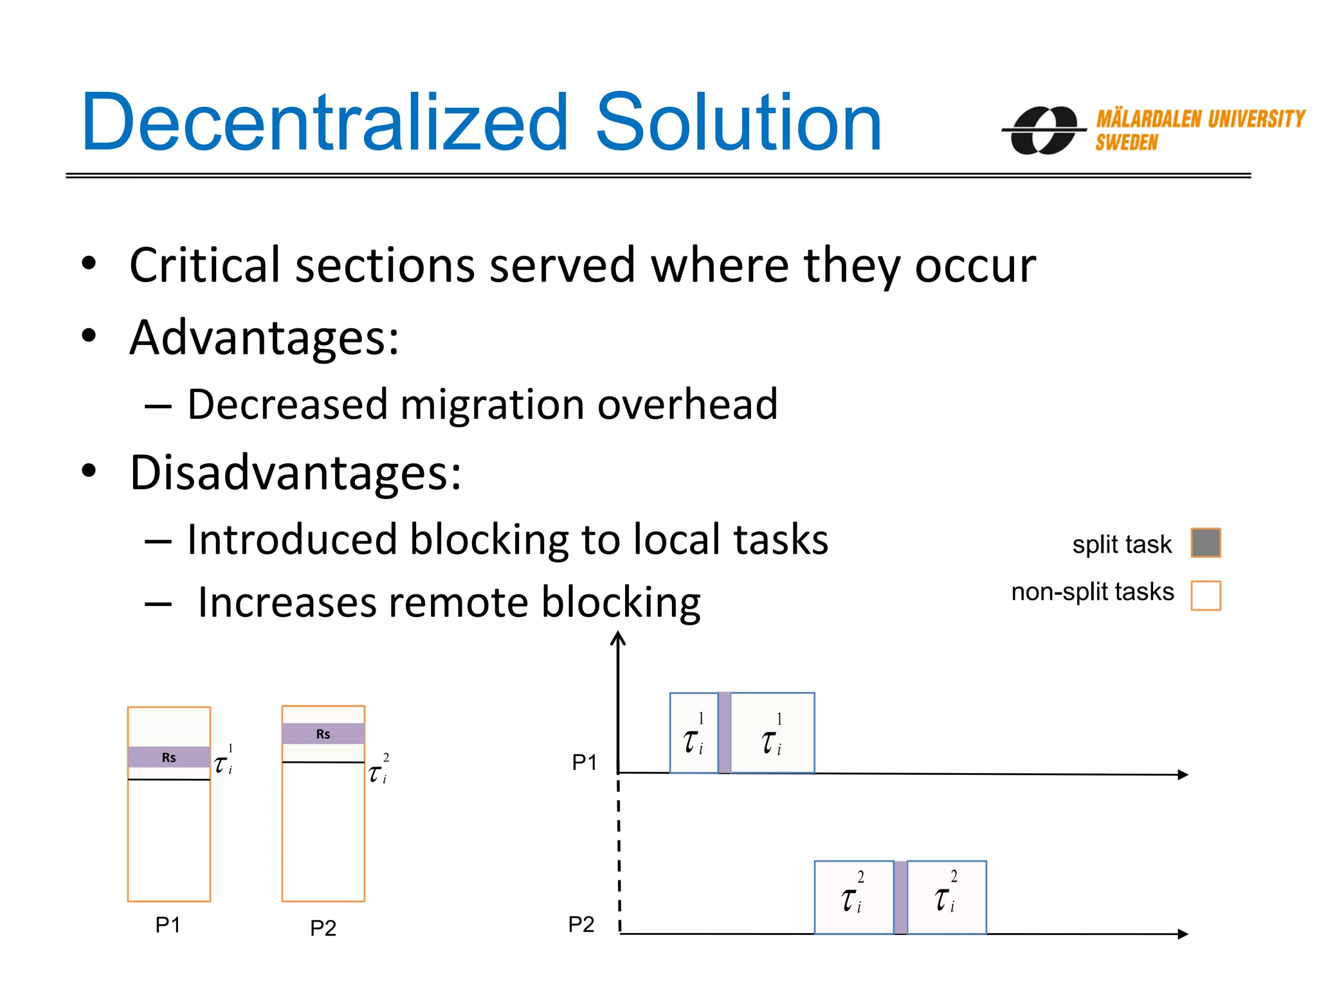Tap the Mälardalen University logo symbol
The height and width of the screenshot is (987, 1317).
pos(1044,130)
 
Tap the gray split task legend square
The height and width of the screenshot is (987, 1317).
pos(1205,543)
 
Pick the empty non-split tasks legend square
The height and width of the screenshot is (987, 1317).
pos(1205,595)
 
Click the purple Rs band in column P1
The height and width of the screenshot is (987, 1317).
pos(168,757)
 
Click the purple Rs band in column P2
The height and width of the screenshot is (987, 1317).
pos(323,734)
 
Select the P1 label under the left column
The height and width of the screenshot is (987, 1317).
pos(168,925)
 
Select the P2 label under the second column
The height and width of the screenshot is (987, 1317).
pos(323,928)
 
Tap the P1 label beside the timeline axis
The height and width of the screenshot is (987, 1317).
pos(585,763)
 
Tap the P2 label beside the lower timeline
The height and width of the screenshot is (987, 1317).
pos(581,925)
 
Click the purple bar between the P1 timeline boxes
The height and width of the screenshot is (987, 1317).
pos(724,733)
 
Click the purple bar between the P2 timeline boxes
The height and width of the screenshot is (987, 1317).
pos(900,897)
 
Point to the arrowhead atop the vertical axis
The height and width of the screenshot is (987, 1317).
pos(618,637)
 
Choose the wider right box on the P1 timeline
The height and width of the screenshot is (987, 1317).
pos(772,733)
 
